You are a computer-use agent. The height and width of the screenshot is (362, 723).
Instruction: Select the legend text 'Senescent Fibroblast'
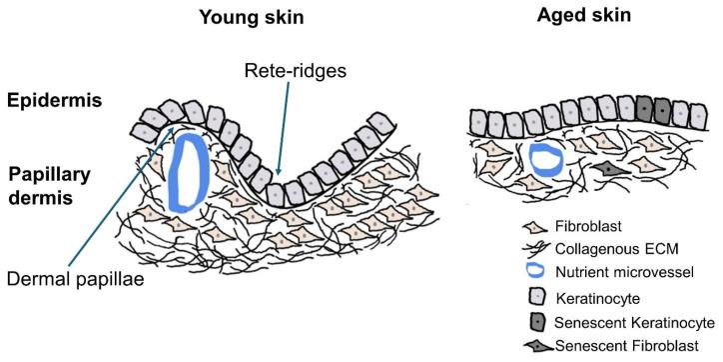click(x=624, y=347)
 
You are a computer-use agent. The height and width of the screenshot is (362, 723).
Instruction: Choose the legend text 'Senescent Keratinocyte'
click(x=632, y=322)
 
